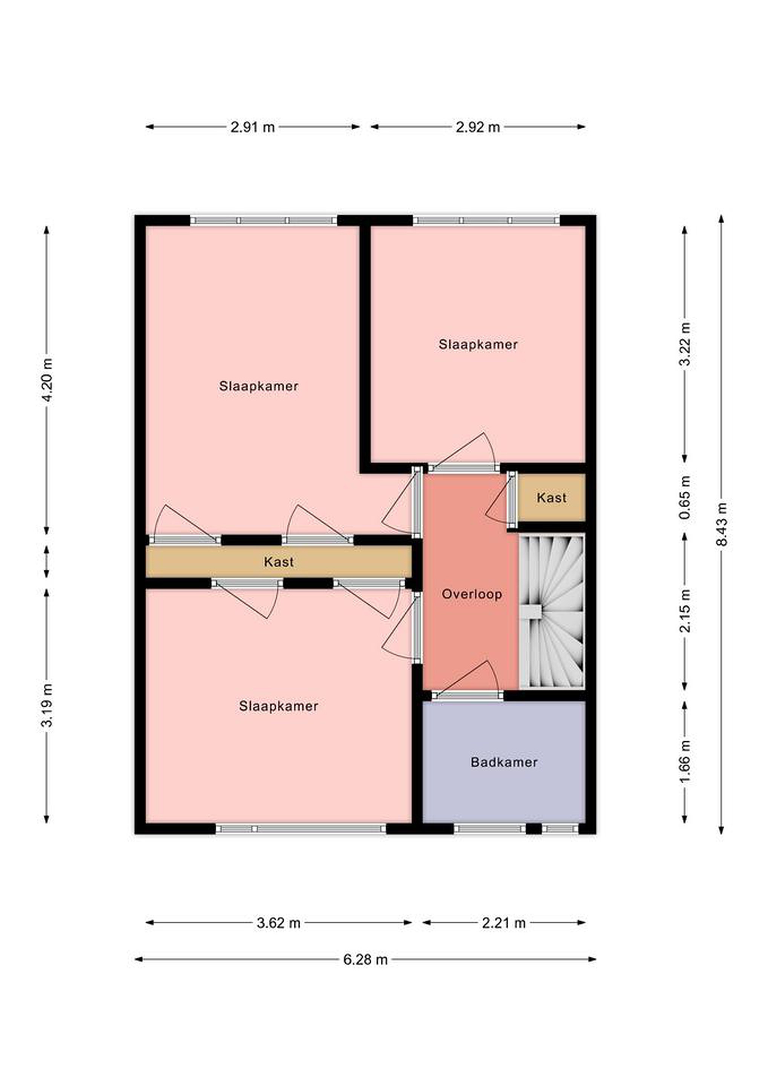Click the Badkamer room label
tap(504, 762)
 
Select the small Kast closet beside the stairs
tap(552, 498)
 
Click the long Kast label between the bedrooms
tap(279, 562)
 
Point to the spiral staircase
tap(552, 611)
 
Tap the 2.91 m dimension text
tap(253, 127)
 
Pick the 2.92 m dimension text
tap(478, 127)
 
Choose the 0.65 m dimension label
tap(685, 497)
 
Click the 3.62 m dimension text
tap(279, 923)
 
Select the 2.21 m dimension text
tap(504, 923)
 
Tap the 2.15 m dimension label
tap(685, 611)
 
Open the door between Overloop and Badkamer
tap(467, 694)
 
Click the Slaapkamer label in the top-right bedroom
tap(478, 344)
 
